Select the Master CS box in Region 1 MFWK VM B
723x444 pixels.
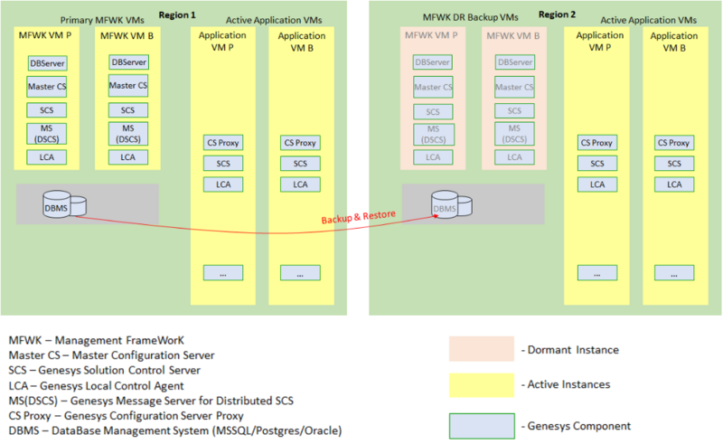[128, 86]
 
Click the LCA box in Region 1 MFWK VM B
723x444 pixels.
[128, 157]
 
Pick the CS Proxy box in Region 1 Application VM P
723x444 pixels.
[223, 143]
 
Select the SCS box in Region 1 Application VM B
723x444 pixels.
[300, 164]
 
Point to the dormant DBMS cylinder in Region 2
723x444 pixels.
[448, 205]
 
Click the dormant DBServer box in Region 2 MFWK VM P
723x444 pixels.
[433, 62]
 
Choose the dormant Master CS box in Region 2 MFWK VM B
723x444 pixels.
[514, 87]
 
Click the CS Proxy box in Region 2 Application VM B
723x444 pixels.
[674, 143]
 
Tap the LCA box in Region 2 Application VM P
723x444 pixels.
[597, 184]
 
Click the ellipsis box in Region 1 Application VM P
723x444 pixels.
[223, 272]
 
